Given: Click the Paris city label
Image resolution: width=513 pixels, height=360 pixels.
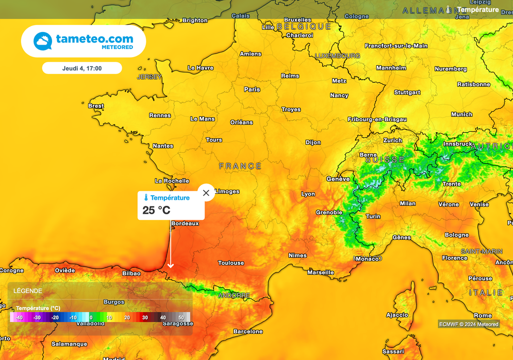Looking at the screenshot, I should click(x=252, y=90).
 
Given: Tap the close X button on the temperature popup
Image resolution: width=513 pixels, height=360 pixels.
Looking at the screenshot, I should click(x=206, y=193).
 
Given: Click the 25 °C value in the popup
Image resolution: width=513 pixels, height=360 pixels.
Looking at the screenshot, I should click(x=156, y=210).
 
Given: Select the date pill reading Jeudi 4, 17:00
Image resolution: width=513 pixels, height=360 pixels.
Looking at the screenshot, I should click(x=82, y=68).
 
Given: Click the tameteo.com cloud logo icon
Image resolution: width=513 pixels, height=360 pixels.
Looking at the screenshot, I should click(x=43, y=41).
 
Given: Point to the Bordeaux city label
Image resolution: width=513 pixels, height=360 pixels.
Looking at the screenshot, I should click(x=185, y=223).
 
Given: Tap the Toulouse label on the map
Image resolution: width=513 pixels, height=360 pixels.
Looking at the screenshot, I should click(x=231, y=263).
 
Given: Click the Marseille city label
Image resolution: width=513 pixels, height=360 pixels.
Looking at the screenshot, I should click(x=321, y=272).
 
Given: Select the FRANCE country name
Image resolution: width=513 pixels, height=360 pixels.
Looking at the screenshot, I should click(x=240, y=166).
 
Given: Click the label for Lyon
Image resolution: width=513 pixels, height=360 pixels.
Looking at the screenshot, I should click(x=308, y=194).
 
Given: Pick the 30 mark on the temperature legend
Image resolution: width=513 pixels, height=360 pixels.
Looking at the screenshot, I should click(x=144, y=317).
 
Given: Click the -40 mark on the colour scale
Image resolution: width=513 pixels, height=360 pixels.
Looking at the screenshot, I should click(x=19, y=317).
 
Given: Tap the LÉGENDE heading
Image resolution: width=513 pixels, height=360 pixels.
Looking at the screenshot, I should click(x=28, y=291).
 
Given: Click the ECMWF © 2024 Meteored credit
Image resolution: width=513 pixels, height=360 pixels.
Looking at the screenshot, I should click(x=469, y=324).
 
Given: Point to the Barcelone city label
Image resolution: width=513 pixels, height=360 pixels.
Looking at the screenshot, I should click(x=248, y=331).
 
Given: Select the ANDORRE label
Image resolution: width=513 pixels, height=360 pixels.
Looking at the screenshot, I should click(x=234, y=295).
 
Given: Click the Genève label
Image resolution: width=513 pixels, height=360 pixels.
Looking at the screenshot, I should click(x=338, y=179).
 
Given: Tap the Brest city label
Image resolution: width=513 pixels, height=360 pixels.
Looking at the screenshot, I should click(x=96, y=106).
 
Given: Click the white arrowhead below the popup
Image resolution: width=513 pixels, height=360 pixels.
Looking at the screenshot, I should click(x=170, y=265).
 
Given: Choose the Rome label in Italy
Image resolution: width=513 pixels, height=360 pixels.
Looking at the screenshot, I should click(x=483, y=315).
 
